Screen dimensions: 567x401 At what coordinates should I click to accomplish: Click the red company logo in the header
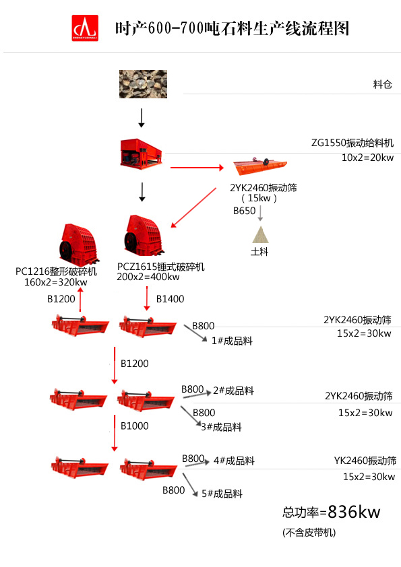point(85,28)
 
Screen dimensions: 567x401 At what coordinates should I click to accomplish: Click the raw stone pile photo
point(142,83)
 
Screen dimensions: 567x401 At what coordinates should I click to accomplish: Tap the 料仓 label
point(382,84)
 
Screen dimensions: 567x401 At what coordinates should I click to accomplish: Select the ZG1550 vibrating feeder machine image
point(142,153)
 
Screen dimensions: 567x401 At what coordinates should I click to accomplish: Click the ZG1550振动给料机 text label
point(352,143)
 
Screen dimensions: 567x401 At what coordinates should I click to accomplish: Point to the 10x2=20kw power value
point(367,158)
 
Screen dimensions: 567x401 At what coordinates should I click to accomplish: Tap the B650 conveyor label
point(245,211)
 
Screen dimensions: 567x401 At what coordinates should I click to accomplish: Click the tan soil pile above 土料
point(259,234)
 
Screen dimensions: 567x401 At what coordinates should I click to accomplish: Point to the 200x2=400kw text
point(148,277)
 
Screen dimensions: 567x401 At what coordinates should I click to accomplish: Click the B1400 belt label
point(170,298)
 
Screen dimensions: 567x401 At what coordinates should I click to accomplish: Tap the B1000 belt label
point(135,426)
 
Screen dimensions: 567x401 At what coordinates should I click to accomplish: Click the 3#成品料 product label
point(221,427)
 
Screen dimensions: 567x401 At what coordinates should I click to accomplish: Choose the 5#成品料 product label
point(222,494)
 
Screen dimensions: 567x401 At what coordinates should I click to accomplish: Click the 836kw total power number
point(354,512)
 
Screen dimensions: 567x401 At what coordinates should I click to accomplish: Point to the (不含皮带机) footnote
point(309,533)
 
